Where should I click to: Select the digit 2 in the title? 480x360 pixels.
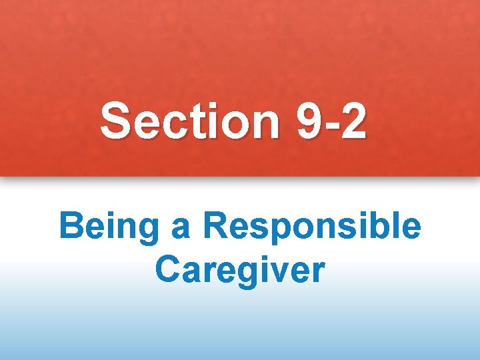(x=352, y=122)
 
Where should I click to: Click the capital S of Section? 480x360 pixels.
(x=115, y=122)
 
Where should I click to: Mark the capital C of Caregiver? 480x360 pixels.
(x=167, y=269)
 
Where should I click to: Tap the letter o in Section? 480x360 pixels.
(x=231, y=125)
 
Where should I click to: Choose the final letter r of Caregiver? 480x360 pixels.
(x=318, y=272)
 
